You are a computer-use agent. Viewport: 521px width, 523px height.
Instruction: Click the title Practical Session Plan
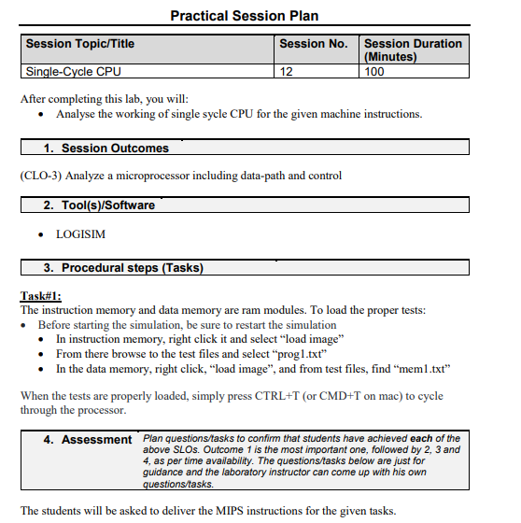[x=244, y=15]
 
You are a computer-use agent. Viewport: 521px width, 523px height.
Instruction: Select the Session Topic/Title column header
[x=80, y=44]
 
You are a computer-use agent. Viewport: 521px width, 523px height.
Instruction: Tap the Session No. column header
[x=313, y=44]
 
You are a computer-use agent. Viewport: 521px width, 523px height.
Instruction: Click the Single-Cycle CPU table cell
[x=73, y=71]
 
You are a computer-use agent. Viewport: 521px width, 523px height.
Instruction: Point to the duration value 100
[x=374, y=71]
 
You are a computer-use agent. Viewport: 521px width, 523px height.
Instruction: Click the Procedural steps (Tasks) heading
[x=132, y=268]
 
